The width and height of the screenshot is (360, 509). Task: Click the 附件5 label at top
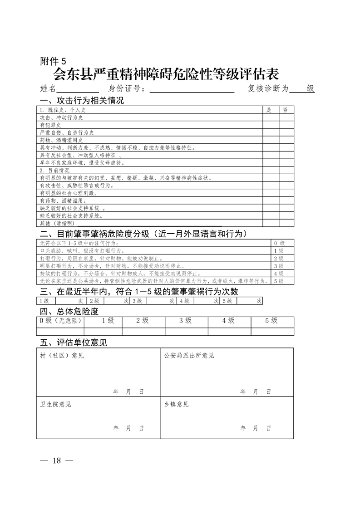click(53, 61)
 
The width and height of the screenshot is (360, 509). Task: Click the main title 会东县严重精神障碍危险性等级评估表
click(166, 73)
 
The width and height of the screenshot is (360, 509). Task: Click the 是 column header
click(269, 110)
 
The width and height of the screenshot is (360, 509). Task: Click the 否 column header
click(285, 110)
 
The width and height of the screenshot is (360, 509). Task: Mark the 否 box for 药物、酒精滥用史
click(286, 140)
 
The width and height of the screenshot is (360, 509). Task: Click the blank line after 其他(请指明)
click(150, 223)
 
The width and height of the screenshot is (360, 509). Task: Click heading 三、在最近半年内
click(139, 291)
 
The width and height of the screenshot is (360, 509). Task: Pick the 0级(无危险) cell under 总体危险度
click(60, 320)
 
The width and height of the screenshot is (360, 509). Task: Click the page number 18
click(56, 460)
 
